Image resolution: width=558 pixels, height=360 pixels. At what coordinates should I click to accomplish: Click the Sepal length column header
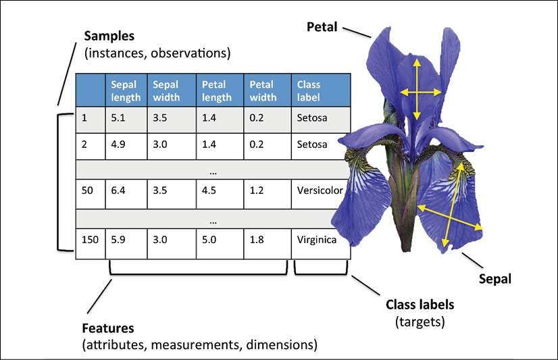[x=126, y=91]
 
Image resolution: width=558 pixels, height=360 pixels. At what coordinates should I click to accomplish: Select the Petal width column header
[x=268, y=91]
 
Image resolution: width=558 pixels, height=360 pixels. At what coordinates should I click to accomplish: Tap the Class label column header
[x=321, y=91]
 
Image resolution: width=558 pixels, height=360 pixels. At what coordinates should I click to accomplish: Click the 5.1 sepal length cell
[x=126, y=120]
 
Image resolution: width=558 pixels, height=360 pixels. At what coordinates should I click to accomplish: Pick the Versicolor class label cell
[x=320, y=194]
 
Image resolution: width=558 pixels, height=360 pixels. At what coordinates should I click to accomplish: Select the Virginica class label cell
[x=321, y=244]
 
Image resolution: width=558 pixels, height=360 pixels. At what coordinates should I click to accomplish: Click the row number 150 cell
[x=91, y=244]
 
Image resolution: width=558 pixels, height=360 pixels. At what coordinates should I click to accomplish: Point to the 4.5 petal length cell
[x=220, y=194]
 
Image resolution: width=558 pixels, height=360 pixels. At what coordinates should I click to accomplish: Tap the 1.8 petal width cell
[x=268, y=244]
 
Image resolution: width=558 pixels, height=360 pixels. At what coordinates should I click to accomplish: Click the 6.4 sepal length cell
[x=126, y=194]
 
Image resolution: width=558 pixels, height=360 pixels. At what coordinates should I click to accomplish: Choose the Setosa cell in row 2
[x=321, y=146]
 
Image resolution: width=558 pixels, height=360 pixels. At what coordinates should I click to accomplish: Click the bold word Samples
[x=109, y=36]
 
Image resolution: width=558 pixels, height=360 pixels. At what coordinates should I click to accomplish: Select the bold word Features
[x=108, y=328]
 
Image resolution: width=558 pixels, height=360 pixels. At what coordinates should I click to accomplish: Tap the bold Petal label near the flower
[x=322, y=27]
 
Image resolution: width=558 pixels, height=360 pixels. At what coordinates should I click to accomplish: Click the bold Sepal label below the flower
[x=495, y=279]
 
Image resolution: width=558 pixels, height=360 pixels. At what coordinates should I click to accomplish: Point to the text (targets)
[x=420, y=322]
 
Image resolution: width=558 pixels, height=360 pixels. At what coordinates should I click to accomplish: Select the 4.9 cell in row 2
[x=126, y=146]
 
